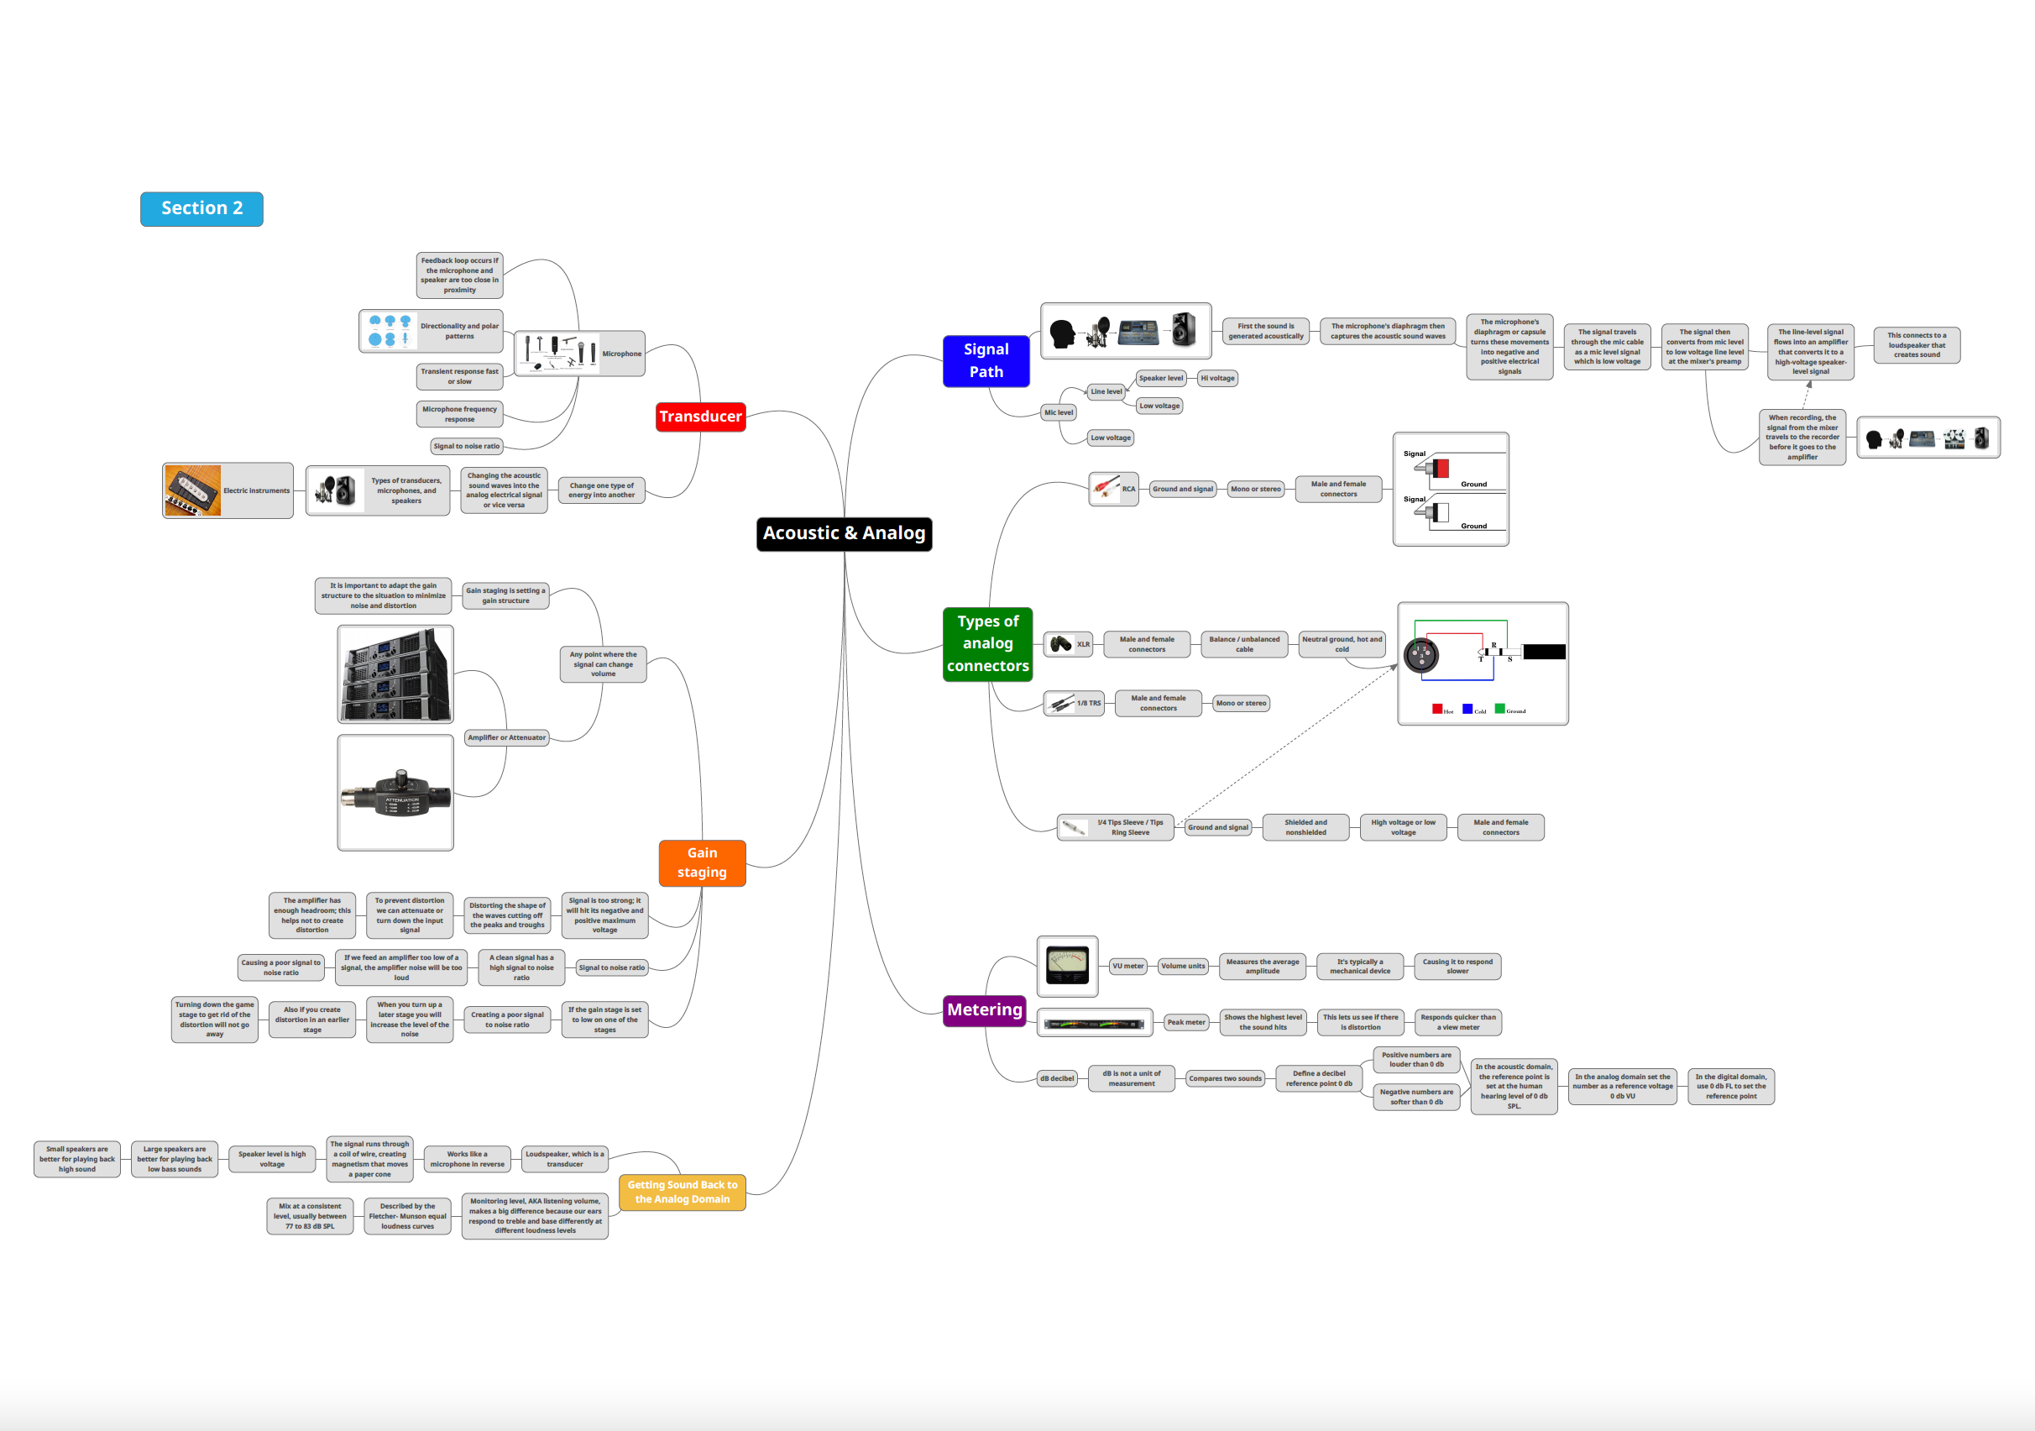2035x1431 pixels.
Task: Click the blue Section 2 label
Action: (x=201, y=208)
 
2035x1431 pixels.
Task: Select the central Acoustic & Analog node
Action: (x=844, y=534)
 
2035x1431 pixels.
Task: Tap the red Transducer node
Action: (x=700, y=417)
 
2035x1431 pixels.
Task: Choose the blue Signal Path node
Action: (x=986, y=361)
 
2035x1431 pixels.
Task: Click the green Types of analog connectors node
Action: (x=987, y=643)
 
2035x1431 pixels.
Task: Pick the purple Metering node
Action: (x=984, y=1010)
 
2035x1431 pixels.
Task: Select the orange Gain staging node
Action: (x=702, y=862)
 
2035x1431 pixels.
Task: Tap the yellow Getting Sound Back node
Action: (x=682, y=1192)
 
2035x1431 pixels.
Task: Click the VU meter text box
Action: (x=1127, y=967)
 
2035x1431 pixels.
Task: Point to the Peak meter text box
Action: (x=1186, y=1022)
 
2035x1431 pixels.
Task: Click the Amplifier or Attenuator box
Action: (x=507, y=737)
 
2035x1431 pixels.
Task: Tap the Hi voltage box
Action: (x=1217, y=379)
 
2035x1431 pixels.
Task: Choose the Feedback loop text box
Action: (x=459, y=275)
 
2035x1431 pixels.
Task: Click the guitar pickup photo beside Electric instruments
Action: (x=192, y=490)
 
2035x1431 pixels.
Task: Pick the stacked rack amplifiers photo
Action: (x=395, y=674)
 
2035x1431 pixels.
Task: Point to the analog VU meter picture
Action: (x=1067, y=966)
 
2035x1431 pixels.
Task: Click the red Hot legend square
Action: (x=1436, y=710)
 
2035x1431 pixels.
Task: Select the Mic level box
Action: (x=1059, y=412)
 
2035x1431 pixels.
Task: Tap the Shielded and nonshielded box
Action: (x=1305, y=827)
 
